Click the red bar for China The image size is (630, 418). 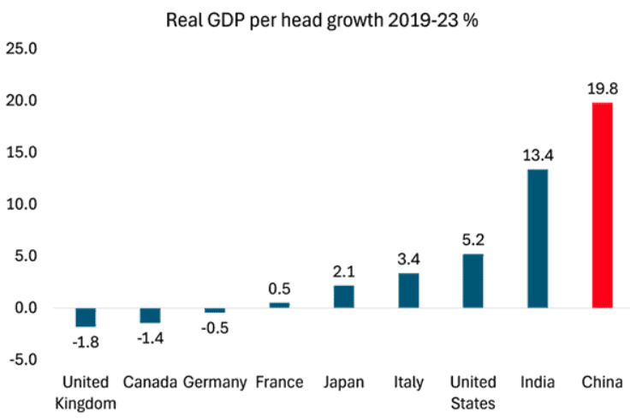click(x=602, y=205)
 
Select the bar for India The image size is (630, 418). click(x=537, y=238)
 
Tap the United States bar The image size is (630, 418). click(x=472, y=280)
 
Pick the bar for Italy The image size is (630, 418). click(x=408, y=290)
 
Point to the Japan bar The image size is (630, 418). click(x=343, y=296)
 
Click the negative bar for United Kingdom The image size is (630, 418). click(x=86, y=317)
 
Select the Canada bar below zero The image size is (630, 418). click(x=150, y=315)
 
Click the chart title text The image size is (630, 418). click(x=322, y=18)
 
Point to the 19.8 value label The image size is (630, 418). click(x=602, y=88)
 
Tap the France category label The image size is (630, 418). click(x=279, y=382)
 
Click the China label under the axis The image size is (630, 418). click(x=602, y=382)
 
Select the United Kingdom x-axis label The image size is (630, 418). click(x=86, y=391)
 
